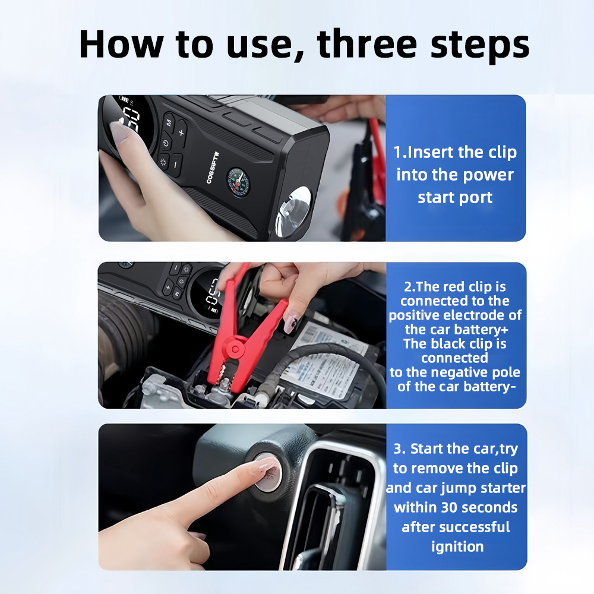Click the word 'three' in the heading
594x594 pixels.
[366, 44]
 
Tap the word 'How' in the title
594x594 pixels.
[121, 44]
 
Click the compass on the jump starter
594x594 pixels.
[238, 183]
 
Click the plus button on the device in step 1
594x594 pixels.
[181, 132]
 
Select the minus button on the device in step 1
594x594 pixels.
[175, 165]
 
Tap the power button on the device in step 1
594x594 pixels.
[166, 144]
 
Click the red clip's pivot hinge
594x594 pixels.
[235, 348]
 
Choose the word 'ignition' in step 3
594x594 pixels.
[457, 547]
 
